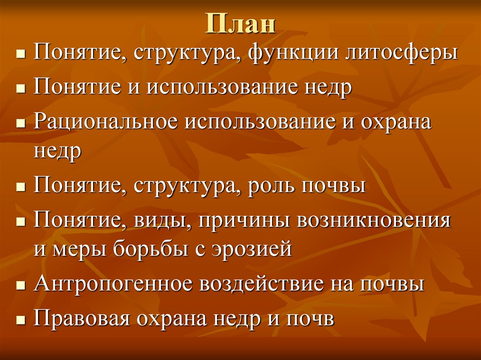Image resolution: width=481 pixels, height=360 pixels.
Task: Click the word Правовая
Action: point(80,319)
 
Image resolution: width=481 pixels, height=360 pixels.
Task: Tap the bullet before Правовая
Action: point(20,320)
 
